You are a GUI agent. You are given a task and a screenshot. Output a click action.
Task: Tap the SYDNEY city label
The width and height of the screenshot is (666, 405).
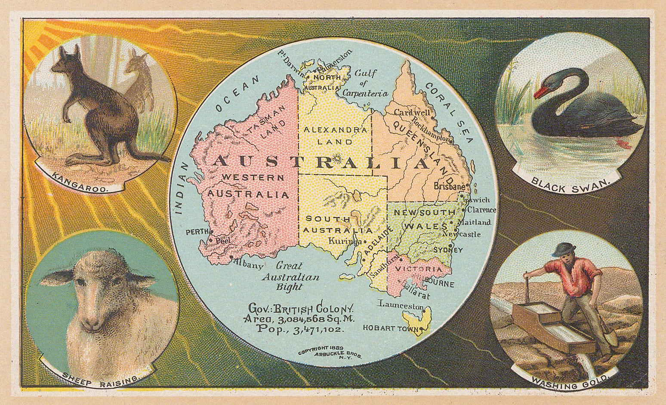point(448,250)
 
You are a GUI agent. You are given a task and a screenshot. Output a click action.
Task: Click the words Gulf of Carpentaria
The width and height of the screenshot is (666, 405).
point(365,83)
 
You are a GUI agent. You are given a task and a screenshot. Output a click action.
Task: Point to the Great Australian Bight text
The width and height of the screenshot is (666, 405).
point(290,276)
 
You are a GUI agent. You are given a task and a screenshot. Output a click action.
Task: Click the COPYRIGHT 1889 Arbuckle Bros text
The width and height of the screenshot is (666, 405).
point(330,352)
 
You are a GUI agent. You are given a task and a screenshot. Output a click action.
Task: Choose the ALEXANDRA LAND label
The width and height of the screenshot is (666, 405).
point(335,135)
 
